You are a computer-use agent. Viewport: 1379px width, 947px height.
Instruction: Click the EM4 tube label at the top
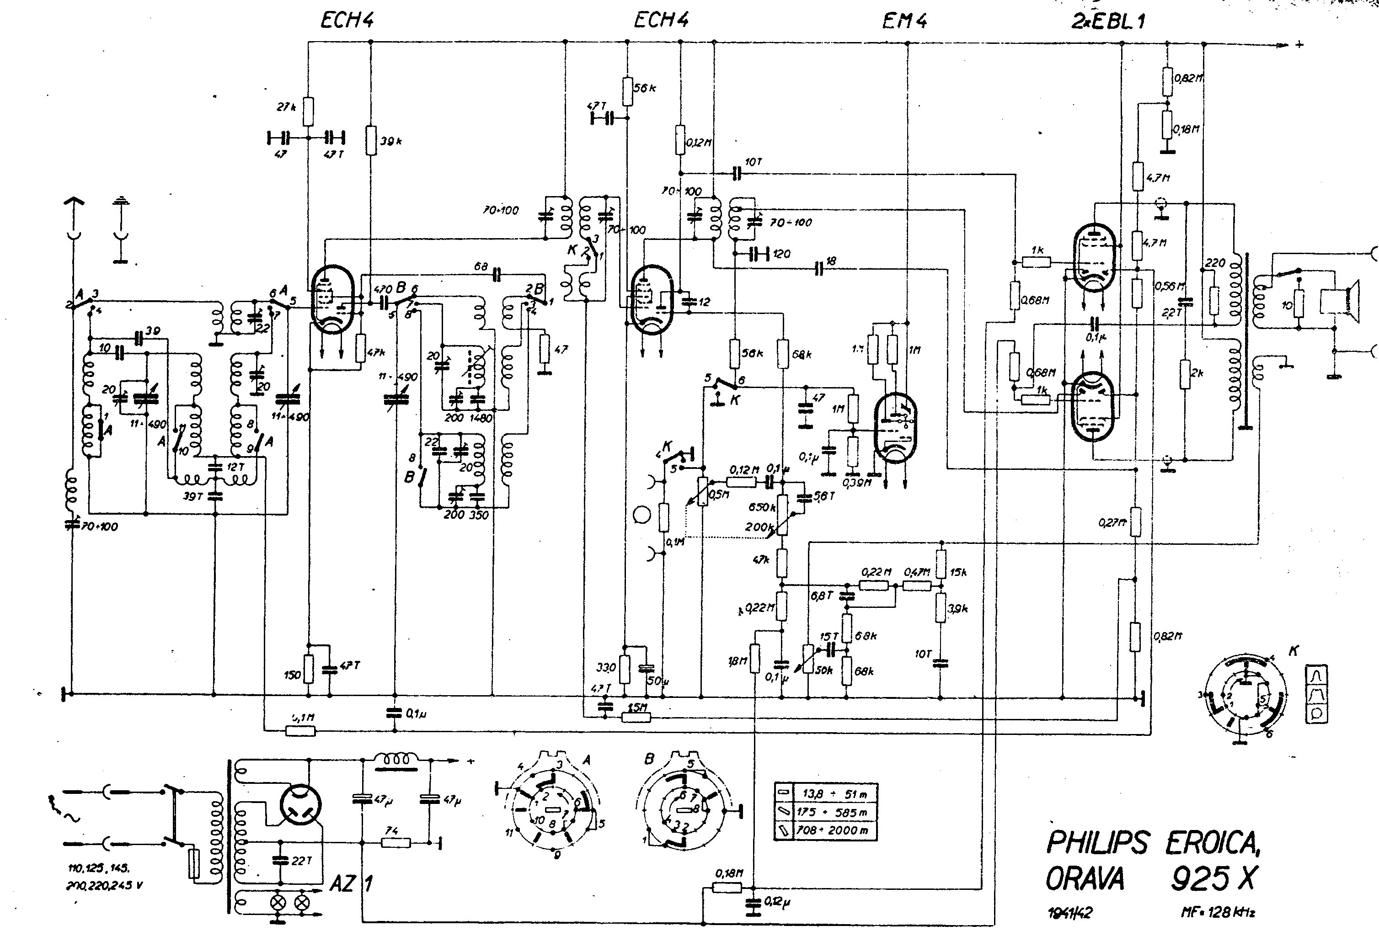click(904, 21)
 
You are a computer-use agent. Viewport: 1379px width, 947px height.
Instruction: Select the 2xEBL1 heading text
click(1108, 21)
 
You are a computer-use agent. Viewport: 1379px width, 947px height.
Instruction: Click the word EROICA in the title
click(1212, 843)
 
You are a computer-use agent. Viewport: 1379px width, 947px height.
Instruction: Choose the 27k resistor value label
click(286, 107)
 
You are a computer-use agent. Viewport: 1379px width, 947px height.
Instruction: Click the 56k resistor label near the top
click(645, 88)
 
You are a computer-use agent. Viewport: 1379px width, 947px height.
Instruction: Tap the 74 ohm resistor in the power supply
click(396, 841)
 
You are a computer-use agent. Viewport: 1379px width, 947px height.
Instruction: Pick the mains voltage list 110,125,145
click(99, 869)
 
